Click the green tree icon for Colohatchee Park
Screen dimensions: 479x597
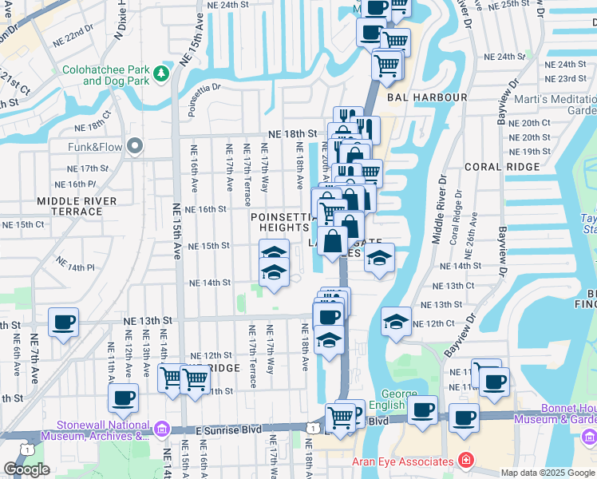pos(162,74)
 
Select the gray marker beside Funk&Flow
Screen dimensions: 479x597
pos(134,145)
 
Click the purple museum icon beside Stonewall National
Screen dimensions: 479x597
pos(163,431)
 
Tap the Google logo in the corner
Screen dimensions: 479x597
pos(26,469)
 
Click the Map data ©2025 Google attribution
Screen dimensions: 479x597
pos(548,473)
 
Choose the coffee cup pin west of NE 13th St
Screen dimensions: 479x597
pos(63,323)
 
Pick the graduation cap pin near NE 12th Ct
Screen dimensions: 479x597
pos(397,323)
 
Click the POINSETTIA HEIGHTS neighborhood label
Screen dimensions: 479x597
pos(279,222)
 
